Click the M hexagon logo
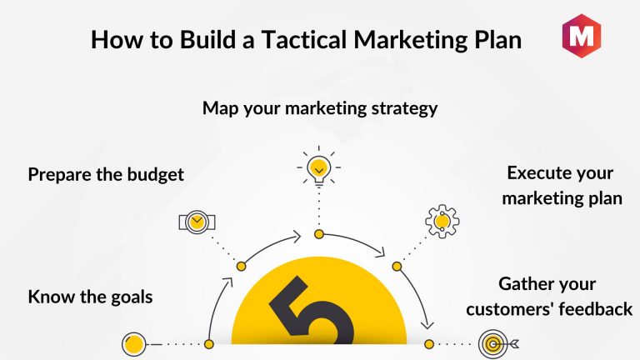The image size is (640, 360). (581, 36)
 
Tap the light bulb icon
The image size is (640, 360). (319, 167)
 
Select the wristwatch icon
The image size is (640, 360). (197, 222)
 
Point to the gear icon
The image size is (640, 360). (442, 222)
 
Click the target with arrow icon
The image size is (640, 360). (497, 344)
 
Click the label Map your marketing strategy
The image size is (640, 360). (320, 108)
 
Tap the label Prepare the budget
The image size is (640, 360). (106, 175)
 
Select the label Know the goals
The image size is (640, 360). (90, 297)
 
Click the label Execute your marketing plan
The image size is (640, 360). (562, 186)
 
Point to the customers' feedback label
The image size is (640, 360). (549, 309)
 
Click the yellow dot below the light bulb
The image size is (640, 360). (319, 234)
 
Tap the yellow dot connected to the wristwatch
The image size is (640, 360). (241, 267)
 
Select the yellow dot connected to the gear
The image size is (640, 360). (397, 267)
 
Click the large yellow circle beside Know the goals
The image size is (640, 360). (134, 344)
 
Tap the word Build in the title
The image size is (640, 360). (207, 40)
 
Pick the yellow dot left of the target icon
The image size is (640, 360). (429, 344)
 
